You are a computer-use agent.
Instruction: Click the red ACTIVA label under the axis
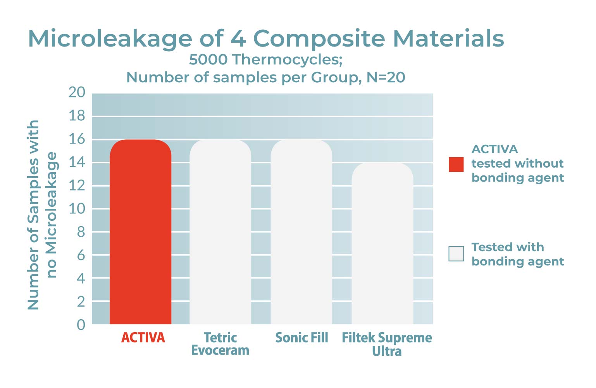143,338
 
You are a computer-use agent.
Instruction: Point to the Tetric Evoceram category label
220,344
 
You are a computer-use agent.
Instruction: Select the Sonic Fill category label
301,338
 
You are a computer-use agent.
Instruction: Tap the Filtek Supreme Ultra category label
386,344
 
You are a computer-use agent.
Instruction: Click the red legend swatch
456,164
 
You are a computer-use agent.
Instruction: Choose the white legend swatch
456,254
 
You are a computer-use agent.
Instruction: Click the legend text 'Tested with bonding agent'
517,254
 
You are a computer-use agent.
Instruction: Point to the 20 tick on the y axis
77,92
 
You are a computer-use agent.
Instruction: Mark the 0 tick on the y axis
81,324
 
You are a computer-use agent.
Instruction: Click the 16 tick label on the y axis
77,139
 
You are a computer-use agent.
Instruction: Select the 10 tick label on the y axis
77,209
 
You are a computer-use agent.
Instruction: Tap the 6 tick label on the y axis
81,255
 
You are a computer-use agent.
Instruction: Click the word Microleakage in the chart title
110,39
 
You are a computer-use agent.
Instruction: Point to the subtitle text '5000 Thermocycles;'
265,60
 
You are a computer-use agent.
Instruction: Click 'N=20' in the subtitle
386,77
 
